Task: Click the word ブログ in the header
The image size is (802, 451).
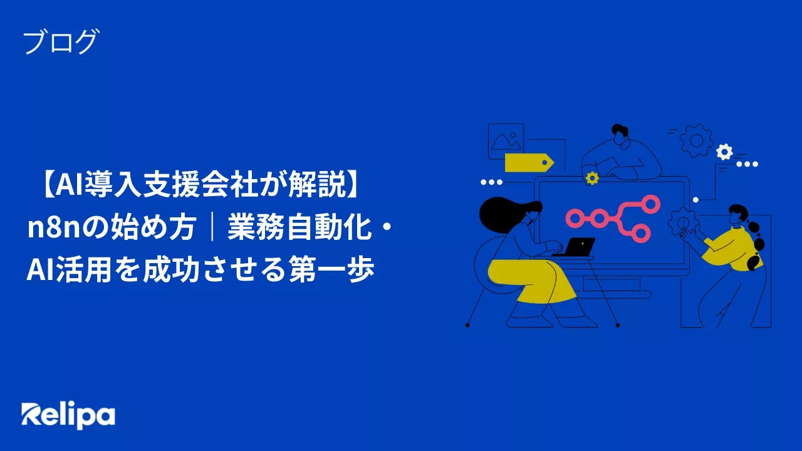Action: (x=60, y=42)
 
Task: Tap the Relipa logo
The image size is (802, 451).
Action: (x=68, y=415)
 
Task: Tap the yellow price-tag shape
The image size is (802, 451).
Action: (x=528, y=162)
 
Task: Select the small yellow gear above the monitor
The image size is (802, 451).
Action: (x=591, y=179)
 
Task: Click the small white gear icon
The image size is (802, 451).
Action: (x=724, y=151)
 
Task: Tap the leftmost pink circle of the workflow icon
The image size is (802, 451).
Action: (x=574, y=218)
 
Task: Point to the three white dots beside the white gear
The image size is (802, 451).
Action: (x=747, y=164)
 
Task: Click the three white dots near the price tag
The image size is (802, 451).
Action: (x=491, y=182)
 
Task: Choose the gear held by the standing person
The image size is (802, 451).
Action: (x=681, y=221)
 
